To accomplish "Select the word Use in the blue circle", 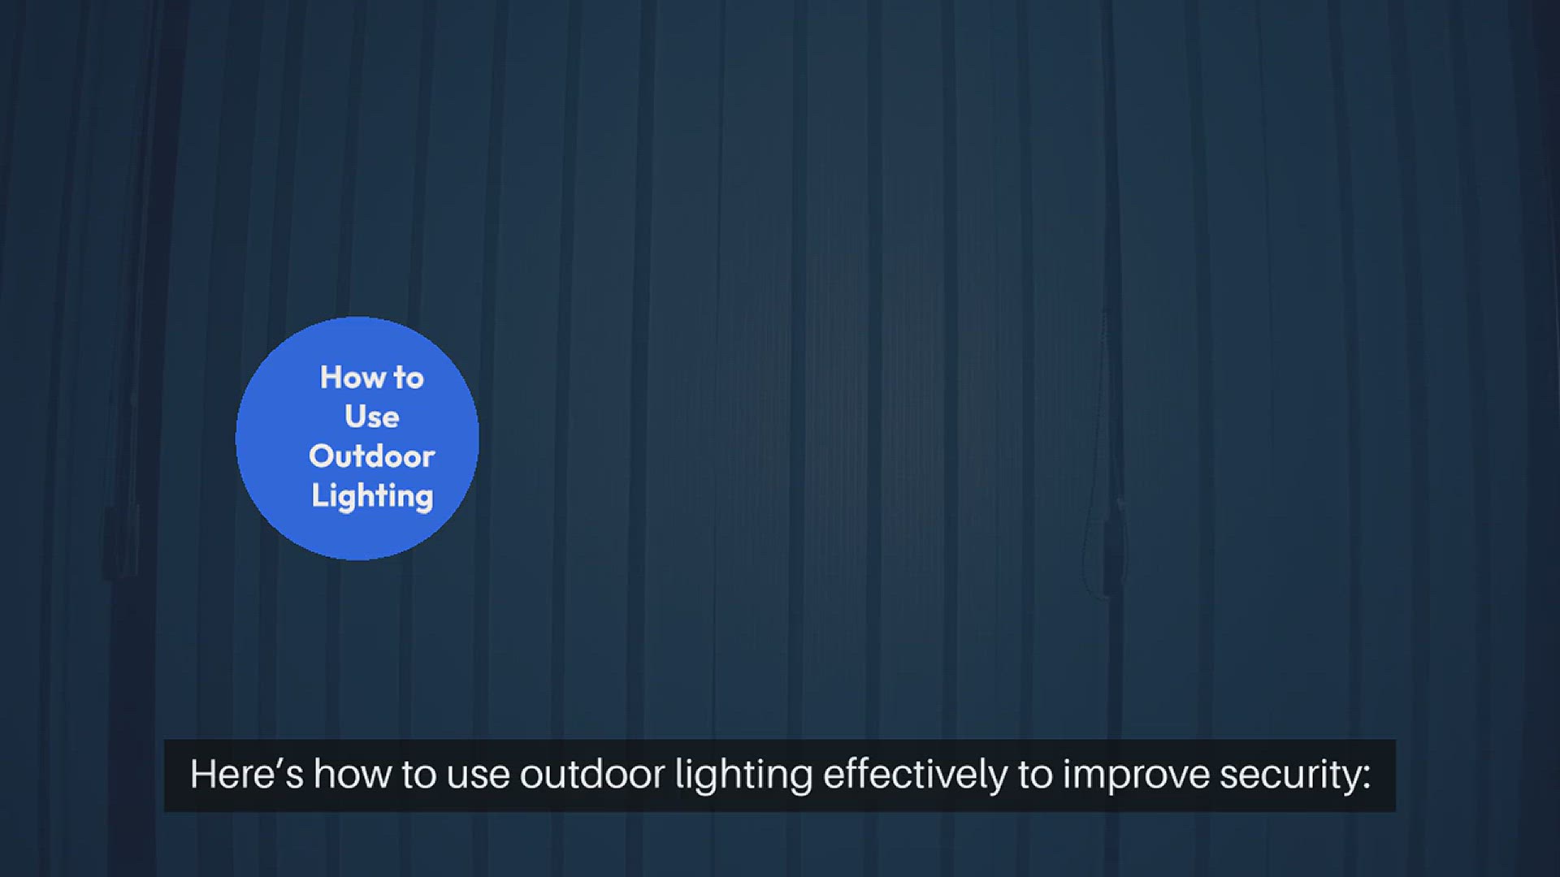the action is click(x=372, y=417).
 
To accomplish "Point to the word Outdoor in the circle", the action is click(x=372, y=456).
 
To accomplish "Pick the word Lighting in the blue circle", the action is click(x=372, y=496).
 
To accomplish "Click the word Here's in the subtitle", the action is click(x=247, y=774).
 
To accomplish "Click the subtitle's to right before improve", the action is click(x=1035, y=775).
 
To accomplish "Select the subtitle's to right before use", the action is click(x=419, y=775).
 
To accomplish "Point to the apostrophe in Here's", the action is click(x=279, y=765).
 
